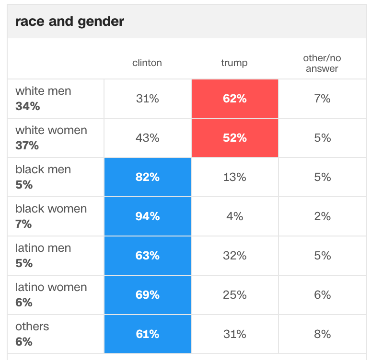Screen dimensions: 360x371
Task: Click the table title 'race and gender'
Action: [70, 22]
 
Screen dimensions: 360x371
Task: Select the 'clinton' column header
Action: [147, 63]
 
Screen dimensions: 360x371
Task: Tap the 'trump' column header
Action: [234, 63]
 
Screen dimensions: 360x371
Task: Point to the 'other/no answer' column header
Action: [322, 63]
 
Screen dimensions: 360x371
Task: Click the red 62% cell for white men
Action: [234, 99]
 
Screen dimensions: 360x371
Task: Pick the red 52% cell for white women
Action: [234, 138]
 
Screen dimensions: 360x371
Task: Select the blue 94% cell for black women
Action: [147, 216]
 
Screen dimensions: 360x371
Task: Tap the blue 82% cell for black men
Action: [147, 177]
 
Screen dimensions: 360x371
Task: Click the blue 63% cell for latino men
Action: [147, 256]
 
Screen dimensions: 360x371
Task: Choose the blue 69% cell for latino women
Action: [147, 295]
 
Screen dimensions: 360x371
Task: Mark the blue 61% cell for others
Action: [147, 334]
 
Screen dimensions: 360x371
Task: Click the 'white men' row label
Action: [43, 91]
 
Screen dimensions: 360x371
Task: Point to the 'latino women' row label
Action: [51, 287]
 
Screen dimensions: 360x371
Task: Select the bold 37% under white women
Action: [27, 146]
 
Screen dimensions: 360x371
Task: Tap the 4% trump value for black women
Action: [234, 216]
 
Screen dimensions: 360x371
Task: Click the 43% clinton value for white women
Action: [147, 138]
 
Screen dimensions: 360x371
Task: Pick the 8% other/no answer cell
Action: [322, 334]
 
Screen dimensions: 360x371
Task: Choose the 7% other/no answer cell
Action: [322, 99]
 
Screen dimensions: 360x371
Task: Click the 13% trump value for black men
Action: [234, 177]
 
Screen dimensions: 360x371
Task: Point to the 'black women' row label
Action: [51, 209]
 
